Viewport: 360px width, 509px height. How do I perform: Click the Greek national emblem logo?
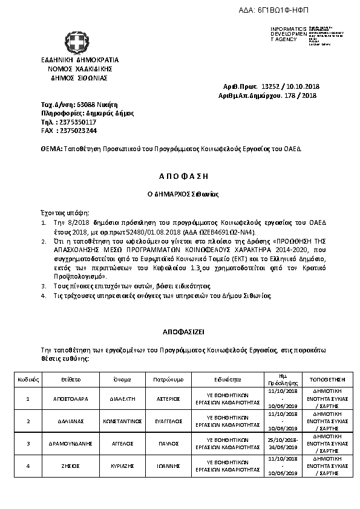point(78,41)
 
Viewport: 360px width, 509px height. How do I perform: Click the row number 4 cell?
point(28,466)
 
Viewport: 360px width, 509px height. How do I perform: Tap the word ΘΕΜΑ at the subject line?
point(50,148)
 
